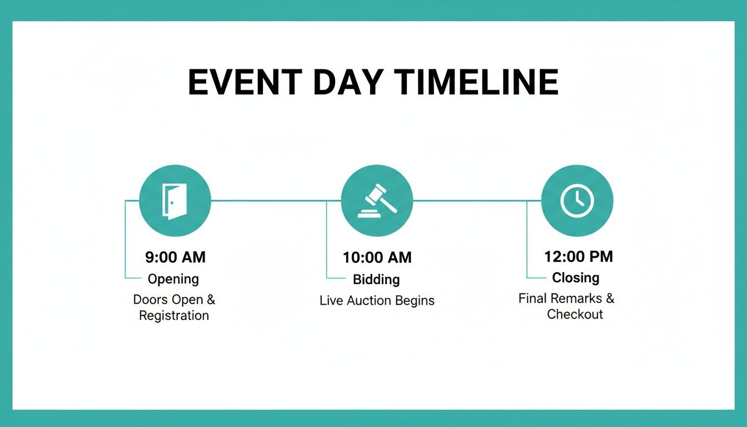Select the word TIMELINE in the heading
tap(476, 82)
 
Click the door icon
tap(175, 201)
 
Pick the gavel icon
tap(377, 201)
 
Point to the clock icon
tap(577, 201)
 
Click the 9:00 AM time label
tap(176, 257)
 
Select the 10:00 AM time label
tap(377, 257)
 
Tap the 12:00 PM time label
tap(579, 256)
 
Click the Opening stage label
tap(173, 279)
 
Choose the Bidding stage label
tap(376, 280)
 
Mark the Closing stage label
tap(576, 277)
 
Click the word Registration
tap(174, 316)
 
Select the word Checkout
tap(575, 314)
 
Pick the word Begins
tap(415, 301)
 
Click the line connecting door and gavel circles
tap(276, 201)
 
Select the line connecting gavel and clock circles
tap(477, 201)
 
